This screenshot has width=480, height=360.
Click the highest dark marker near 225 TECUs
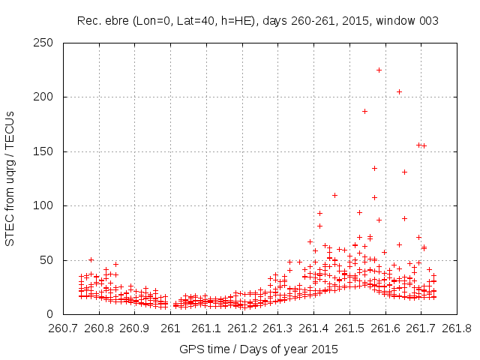(x=379, y=70)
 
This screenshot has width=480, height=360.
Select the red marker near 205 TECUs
(x=399, y=91)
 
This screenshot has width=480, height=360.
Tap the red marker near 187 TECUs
(x=364, y=111)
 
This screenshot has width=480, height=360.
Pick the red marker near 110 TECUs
(x=334, y=195)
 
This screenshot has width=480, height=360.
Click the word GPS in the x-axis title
(x=190, y=349)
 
